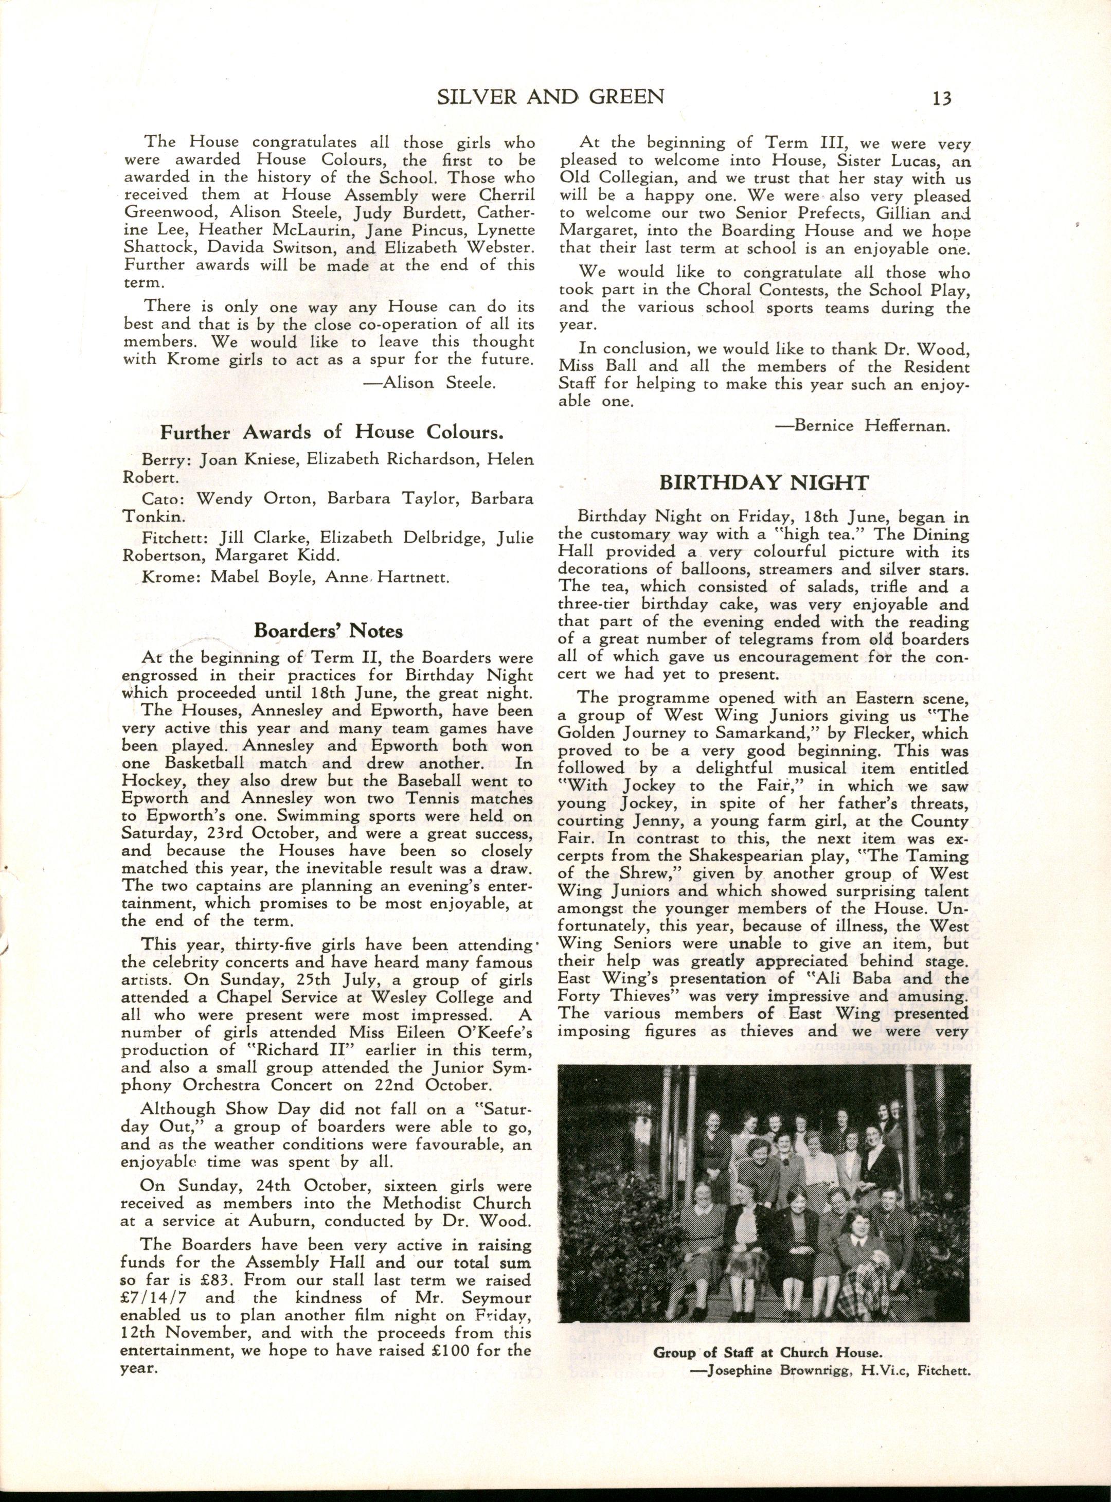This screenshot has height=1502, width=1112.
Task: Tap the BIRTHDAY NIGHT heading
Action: click(764, 482)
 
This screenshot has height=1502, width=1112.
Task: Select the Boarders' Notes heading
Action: click(329, 630)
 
